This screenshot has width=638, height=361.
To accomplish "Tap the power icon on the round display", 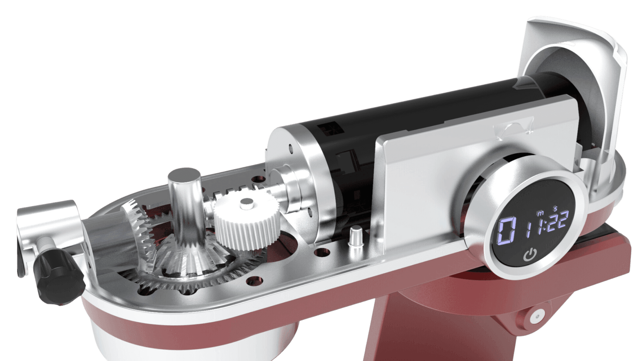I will (530, 255).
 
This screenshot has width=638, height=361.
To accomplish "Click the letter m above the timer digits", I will (540, 213).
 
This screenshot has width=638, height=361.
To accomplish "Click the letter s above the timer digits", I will (555, 208).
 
